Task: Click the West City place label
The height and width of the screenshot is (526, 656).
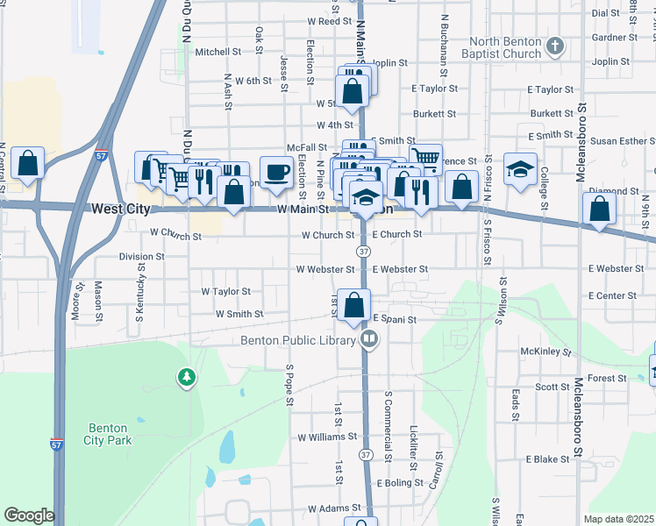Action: pos(120,210)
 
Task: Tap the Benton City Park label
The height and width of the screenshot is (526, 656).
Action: pos(110,434)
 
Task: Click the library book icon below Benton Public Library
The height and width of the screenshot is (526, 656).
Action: pos(370,339)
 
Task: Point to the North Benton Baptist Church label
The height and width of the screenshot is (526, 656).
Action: pos(506,47)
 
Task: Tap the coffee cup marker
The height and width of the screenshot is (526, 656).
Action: pos(276,171)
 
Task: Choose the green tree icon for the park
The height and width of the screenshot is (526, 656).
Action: pos(186,378)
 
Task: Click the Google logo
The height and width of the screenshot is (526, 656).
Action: pos(29,515)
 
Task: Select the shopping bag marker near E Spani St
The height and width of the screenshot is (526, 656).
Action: pos(354,305)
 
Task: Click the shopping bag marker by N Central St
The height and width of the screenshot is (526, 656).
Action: pos(28,163)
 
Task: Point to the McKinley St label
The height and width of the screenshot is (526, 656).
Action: pos(545,352)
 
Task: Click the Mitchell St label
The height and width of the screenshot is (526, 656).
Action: pos(211,52)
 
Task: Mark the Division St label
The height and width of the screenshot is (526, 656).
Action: pos(141,257)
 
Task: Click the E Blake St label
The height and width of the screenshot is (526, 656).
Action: pos(548,459)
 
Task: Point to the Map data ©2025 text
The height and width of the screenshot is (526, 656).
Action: pos(619,519)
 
